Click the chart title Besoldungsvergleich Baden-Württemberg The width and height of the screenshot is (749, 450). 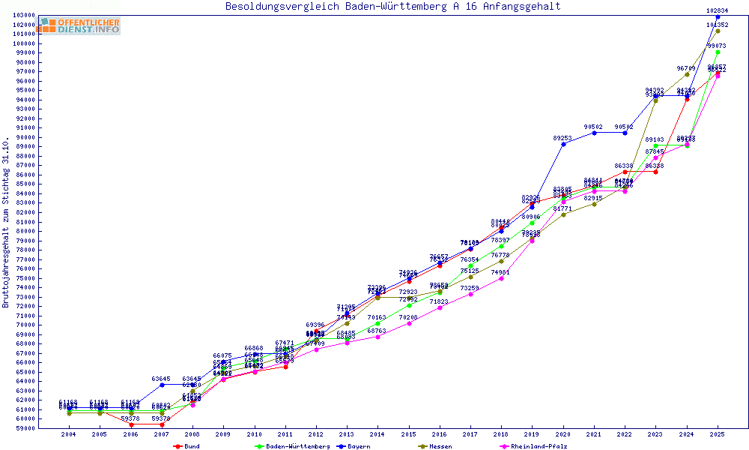[x=392, y=7]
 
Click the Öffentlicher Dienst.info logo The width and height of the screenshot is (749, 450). [x=79, y=25]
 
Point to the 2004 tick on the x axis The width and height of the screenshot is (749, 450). [x=69, y=434]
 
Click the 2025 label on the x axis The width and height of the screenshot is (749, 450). [x=718, y=434]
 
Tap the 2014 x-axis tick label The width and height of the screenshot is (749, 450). [x=377, y=434]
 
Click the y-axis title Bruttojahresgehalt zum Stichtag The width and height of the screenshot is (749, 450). [x=6, y=223]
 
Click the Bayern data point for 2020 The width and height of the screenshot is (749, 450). [x=563, y=144]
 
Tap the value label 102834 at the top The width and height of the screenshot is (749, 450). [x=718, y=10]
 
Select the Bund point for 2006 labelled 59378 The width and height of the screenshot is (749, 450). [x=131, y=424]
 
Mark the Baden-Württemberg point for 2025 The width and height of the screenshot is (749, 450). [x=718, y=52]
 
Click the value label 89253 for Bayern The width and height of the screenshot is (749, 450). [x=562, y=138]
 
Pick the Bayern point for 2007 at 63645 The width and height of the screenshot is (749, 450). [x=162, y=385]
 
